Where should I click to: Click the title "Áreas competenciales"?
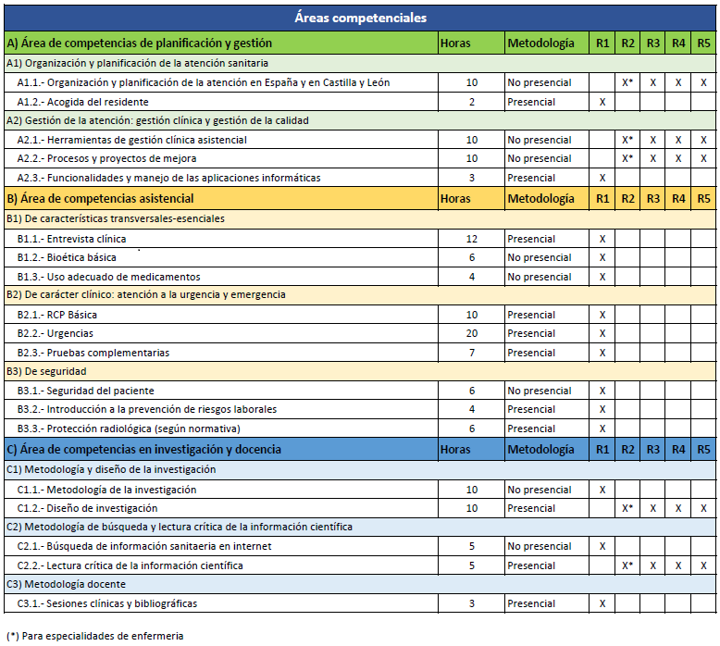(x=360, y=18)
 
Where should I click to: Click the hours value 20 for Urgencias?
(x=472, y=333)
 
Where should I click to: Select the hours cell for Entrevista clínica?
(x=472, y=239)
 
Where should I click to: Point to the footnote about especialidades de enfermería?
(x=95, y=636)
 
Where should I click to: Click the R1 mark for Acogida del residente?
(x=602, y=102)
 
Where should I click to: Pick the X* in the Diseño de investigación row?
(x=627, y=508)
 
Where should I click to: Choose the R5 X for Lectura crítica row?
(x=704, y=565)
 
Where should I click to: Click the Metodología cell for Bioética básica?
(x=540, y=257)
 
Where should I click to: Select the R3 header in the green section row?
(x=653, y=43)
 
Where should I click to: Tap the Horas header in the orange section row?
(x=455, y=198)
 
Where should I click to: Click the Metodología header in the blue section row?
(x=540, y=450)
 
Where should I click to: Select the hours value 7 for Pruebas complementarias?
(x=472, y=353)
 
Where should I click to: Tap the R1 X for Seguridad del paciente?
(x=602, y=391)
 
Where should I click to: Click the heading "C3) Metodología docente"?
(x=66, y=584)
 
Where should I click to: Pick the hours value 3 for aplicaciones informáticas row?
(x=472, y=178)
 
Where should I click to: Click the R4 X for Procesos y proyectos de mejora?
(x=678, y=158)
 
